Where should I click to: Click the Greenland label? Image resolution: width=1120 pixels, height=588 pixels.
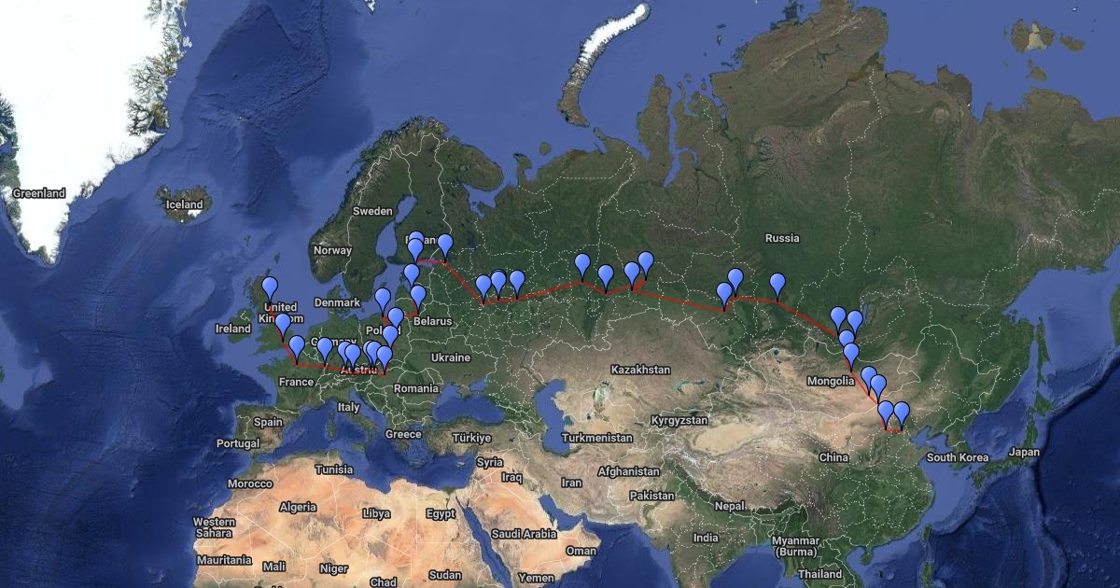(39, 193)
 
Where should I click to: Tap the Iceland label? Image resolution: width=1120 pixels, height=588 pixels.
(184, 204)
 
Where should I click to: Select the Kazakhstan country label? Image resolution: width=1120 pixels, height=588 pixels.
(640, 370)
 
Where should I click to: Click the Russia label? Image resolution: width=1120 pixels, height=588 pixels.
(782, 238)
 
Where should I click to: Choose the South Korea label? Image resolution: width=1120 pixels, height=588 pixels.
(957, 457)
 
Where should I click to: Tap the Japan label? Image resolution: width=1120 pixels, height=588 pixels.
(1024, 452)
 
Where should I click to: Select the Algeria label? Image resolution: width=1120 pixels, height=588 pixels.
(299, 507)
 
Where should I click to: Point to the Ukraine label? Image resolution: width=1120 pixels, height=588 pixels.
(450, 357)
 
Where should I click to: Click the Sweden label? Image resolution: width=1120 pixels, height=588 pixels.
(372, 211)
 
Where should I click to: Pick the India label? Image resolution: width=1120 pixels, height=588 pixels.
(706, 538)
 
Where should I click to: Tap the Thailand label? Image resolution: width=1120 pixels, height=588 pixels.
(819, 574)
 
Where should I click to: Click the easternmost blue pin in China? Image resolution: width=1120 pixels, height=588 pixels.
(901, 412)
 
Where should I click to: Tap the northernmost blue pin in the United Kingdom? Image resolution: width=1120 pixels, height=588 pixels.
(270, 287)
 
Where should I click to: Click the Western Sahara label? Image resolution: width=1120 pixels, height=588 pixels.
(215, 527)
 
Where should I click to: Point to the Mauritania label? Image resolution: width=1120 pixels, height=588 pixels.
(225, 560)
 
